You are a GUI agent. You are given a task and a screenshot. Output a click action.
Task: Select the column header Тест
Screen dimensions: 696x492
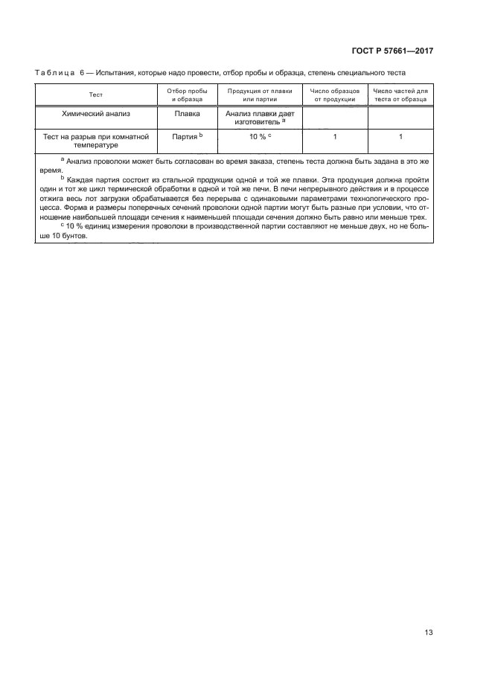(x=95, y=95)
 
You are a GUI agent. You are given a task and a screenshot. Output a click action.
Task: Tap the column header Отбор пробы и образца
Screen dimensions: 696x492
(x=182, y=95)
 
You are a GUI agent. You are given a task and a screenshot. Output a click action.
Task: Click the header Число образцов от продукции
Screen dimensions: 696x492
(x=335, y=95)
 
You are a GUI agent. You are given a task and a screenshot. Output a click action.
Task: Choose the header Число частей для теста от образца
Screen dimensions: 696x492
(x=400, y=95)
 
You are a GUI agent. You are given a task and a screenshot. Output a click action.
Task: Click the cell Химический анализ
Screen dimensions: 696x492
(x=95, y=115)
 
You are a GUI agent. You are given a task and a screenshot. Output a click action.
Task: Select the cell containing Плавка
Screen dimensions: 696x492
(x=186, y=115)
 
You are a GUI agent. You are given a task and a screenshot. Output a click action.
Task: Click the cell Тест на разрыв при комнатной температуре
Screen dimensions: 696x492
(x=95, y=141)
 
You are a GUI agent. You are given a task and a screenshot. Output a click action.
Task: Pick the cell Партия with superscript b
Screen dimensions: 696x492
(x=186, y=137)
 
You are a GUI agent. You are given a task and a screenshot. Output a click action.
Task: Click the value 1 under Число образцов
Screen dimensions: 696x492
(x=336, y=137)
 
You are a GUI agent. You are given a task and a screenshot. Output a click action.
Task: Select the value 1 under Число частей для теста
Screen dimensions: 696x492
(x=400, y=137)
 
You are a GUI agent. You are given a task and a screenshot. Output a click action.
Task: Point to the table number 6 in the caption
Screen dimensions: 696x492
(x=82, y=72)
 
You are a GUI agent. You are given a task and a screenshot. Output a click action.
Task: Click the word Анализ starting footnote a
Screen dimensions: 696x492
(x=81, y=161)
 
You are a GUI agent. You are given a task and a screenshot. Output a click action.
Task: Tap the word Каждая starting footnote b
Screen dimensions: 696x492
(x=83, y=180)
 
